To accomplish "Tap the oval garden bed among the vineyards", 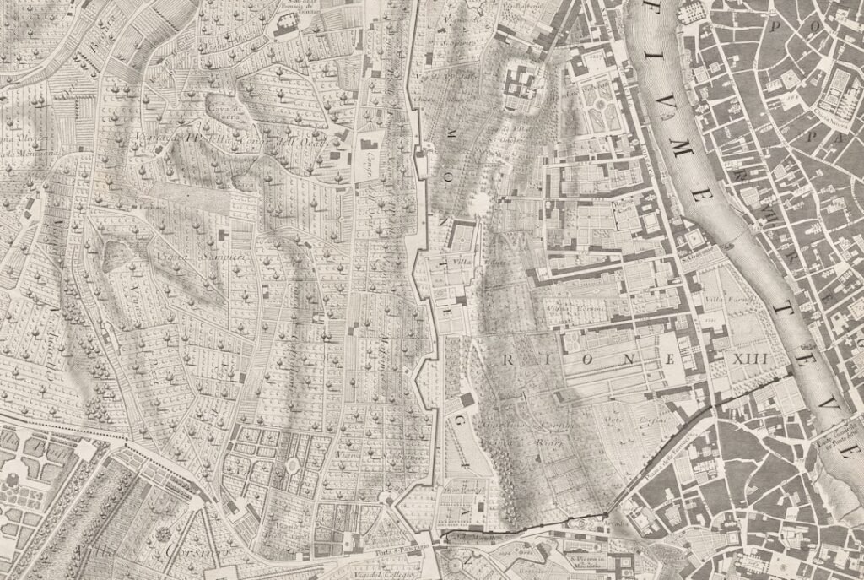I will (x=294, y=463).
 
